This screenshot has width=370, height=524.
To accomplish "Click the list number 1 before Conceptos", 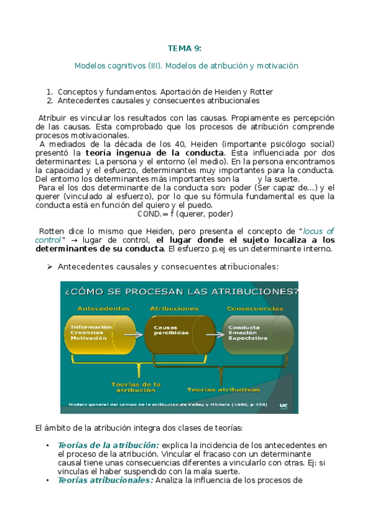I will [x=49, y=92].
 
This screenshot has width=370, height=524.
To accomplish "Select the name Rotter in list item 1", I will [x=260, y=92].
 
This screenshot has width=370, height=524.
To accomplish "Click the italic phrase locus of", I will [x=318, y=231].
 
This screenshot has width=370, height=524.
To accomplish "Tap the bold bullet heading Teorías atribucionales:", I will [x=106, y=480].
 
